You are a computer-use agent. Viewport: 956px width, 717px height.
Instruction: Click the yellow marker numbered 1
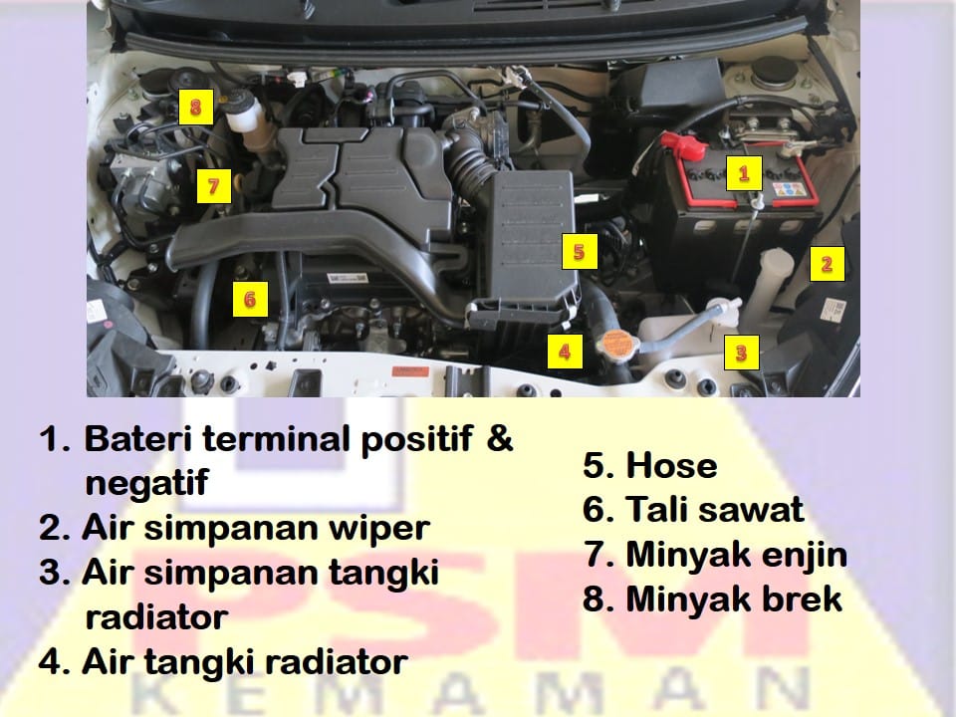click(744, 173)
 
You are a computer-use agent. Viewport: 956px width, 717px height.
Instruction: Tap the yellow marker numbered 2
click(828, 264)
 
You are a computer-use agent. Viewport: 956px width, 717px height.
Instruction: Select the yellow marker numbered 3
click(741, 353)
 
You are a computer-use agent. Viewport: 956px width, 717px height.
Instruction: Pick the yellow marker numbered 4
click(565, 352)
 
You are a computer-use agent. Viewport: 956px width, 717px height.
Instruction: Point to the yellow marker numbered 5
click(580, 251)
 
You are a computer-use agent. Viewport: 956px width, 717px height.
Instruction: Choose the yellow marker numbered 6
click(250, 299)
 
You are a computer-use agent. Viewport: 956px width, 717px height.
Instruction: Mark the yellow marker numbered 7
click(213, 185)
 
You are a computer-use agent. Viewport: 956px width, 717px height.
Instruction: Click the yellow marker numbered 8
click(196, 108)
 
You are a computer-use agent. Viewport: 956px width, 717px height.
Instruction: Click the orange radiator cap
click(616, 346)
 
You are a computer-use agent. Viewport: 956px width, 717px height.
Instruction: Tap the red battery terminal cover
click(683, 146)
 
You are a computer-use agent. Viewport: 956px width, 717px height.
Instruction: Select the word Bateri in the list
click(139, 438)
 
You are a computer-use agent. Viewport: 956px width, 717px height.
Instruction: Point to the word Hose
click(671, 465)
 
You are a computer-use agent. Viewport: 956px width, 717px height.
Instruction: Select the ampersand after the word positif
click(500, 438)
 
